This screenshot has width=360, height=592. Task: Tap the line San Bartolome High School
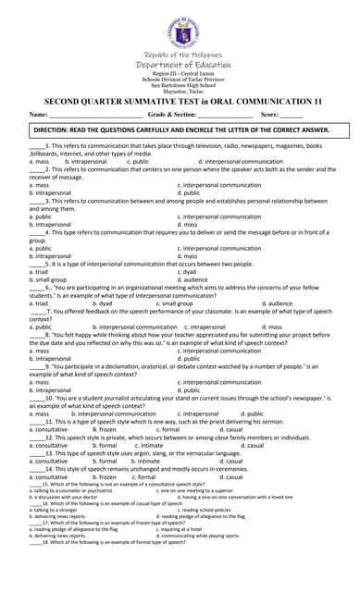tap(180, 83)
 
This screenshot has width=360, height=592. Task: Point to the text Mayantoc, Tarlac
tap(180, 90)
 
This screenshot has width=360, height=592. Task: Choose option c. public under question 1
tap(136, 161)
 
